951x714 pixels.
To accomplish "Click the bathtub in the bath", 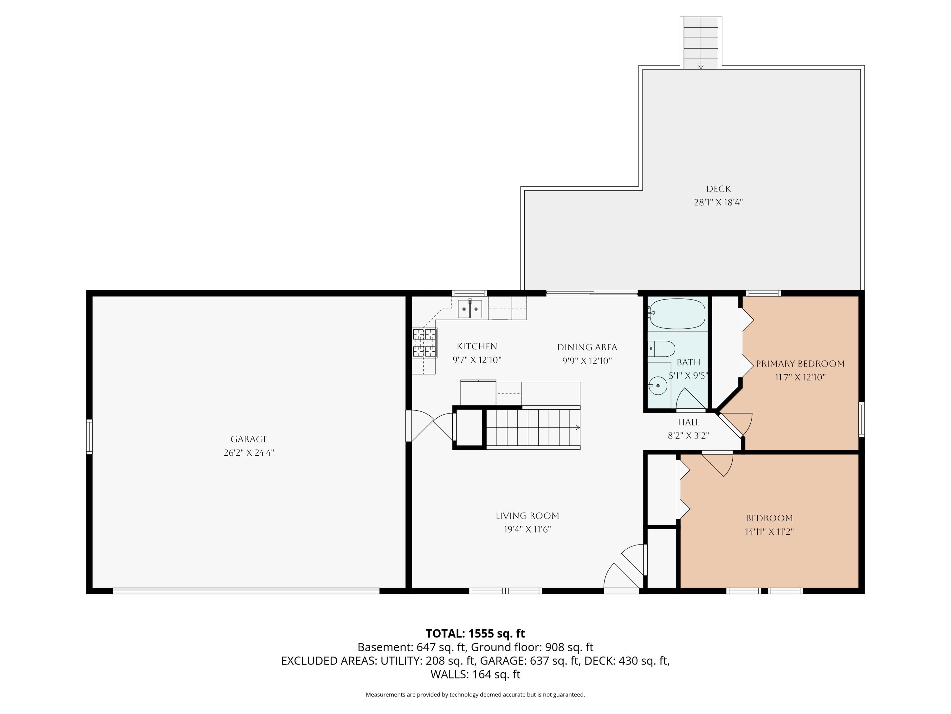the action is pyautogui.click(x=677, y=314).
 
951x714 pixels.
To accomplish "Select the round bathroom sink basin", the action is pyautogui.click(x=657, y=386).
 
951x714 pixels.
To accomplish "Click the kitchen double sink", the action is pyautogui.click(x=470, y=308).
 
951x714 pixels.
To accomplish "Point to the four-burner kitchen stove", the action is pyautogui.click(x=425, y=343).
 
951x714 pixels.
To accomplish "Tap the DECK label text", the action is pyautogui.click(x=718, y=189).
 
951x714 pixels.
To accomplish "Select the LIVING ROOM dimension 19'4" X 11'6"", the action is pyautogui.click(x=527, y=529).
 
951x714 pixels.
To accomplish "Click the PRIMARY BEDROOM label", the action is pyautogui.click(x=800, y=364).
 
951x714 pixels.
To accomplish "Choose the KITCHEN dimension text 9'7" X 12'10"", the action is pyautogui.click(x=477, y=360).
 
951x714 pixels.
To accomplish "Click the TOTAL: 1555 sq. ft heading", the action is pyautogui.click(x=475, y=633).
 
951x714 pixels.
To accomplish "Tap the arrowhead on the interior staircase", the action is pyautogui.click(x=578, y=428).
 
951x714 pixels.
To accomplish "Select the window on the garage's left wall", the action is pyautogui.click(x=89, y=437).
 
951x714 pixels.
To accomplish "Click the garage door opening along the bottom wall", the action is pyautogui.click(x=246, y=591).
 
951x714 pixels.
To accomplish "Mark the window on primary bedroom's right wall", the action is pyautogui.click(x=861, y=419).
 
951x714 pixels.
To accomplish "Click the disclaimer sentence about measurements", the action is pyautogui.click(x=475, y=694).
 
